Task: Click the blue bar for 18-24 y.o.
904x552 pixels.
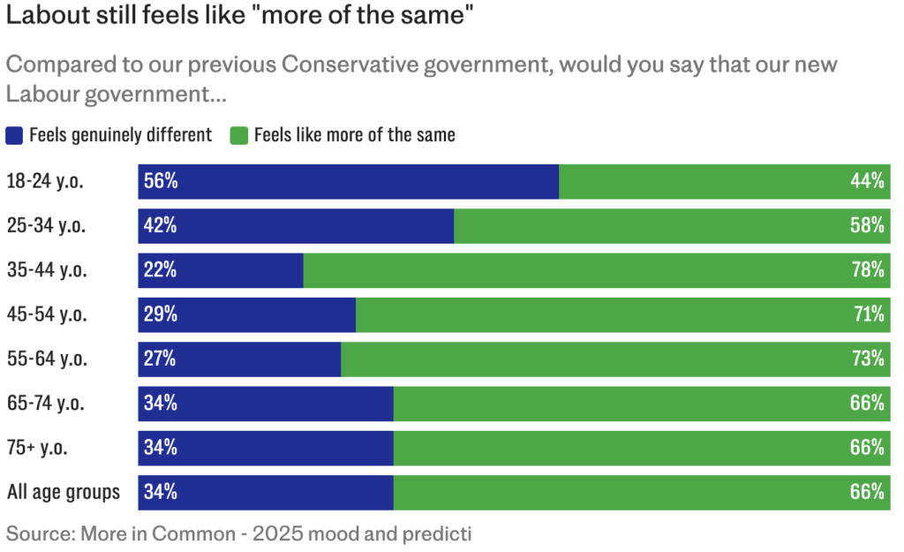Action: coord(349,181)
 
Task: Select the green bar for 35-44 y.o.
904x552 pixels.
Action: coord(597,270)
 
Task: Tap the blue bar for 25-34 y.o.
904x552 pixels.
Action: coord(296,226)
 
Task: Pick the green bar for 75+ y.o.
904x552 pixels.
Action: coord(642,448)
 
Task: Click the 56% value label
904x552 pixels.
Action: coord(161,182)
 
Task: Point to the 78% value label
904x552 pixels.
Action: coord(867,270)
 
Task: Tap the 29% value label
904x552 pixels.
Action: coord(161,314)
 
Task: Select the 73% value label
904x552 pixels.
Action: coord(867,359)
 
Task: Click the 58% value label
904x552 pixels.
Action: coord(867,226)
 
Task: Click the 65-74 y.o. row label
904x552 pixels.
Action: coord(46,404)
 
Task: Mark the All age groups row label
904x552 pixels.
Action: coord(64,492)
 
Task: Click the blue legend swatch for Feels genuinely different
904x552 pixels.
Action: coord(15,135)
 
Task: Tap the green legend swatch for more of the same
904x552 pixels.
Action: coord(238,135)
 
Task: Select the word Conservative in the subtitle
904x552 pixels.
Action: coord(353,65)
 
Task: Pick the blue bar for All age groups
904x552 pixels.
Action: coord(265,492)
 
